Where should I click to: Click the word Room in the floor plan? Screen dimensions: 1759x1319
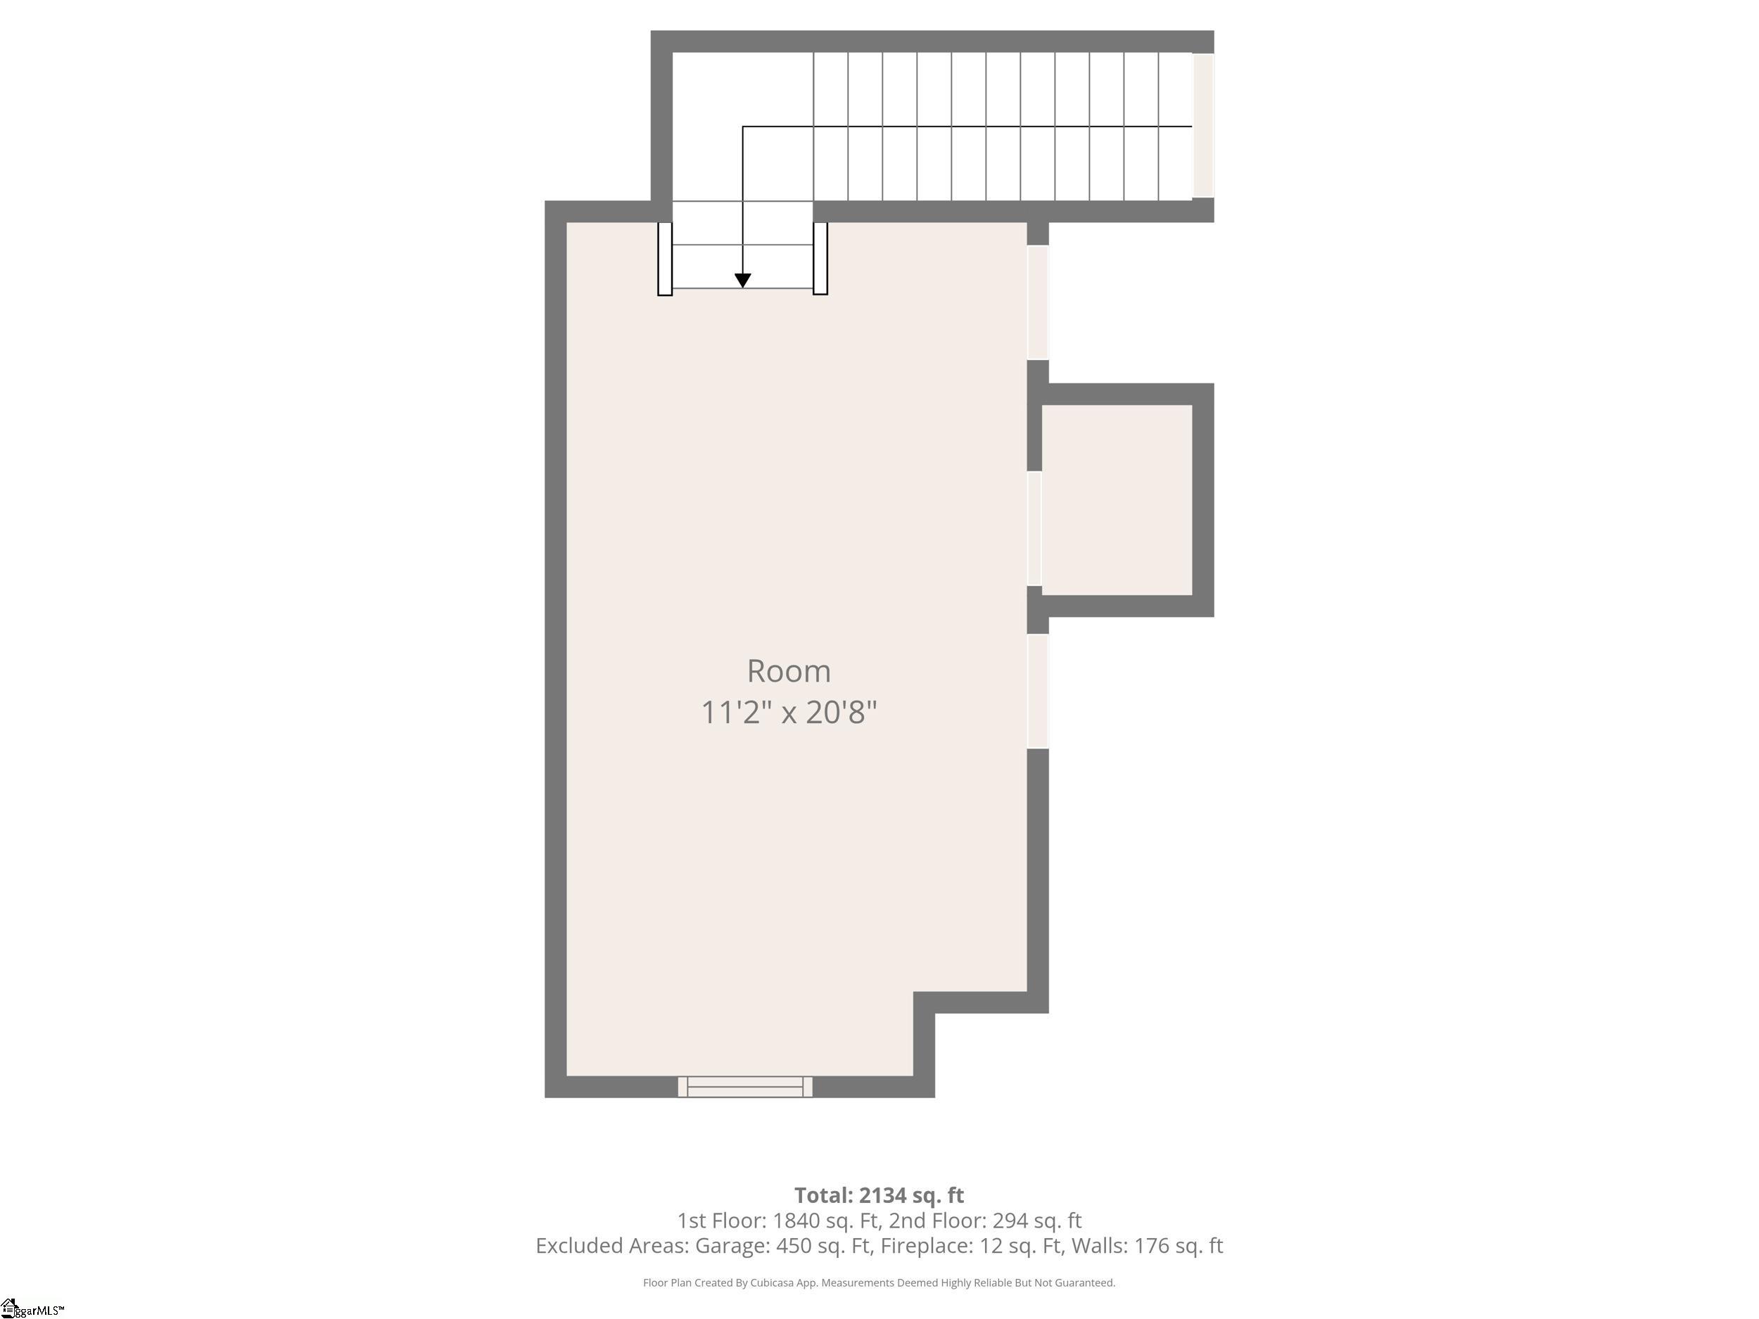click(789, 672)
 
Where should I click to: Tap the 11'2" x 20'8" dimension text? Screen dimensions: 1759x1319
click(789, 713)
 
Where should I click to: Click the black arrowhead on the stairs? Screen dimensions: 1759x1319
click(743, 281)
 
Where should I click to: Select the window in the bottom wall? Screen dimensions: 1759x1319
click(745, 1087)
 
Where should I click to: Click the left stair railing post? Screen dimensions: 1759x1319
click(665, 259)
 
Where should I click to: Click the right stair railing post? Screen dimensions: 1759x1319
click(820, 259)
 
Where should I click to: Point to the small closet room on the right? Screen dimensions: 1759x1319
click(1117, 500)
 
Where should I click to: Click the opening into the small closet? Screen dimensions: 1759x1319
click(1034, 529)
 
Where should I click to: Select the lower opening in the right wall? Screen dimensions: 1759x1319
click(1038, 691)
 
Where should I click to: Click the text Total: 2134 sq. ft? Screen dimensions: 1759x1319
click(879, 1196)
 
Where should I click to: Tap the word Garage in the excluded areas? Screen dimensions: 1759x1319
click(730, 1246)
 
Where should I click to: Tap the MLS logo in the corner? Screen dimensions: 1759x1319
click(32, 1308)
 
